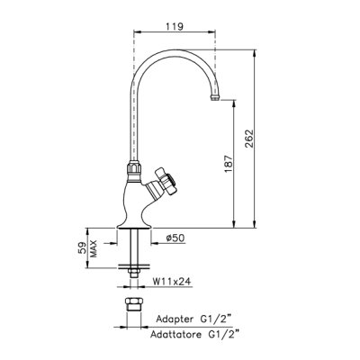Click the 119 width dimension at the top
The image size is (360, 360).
(x=175, y=26)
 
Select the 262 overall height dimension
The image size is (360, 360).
(x=249, y=139)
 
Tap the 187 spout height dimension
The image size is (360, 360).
(x=229, y=164)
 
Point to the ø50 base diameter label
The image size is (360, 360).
(x=175, y=238)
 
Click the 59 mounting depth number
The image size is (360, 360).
(x=82, y=248)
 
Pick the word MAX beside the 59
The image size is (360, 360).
(x=94, y=248)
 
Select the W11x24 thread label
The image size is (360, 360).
(x=172, y=282)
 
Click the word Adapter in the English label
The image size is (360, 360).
(x=175, y=319)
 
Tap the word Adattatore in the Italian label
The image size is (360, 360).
(x=175, y=334)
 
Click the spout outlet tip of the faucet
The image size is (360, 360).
(x=215, y=97)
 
